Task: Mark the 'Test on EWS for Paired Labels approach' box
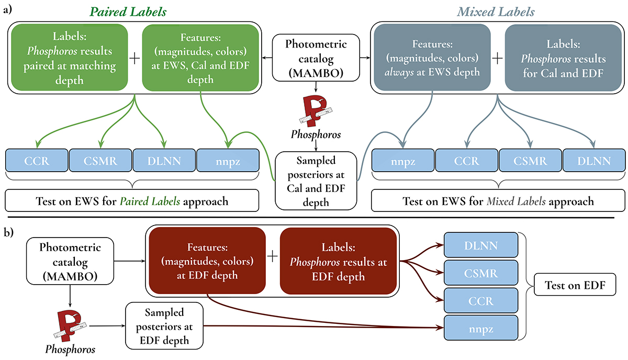(x=132, y=201)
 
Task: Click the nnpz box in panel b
(x=480, y=329)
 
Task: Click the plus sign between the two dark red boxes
(x=271, y=256)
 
